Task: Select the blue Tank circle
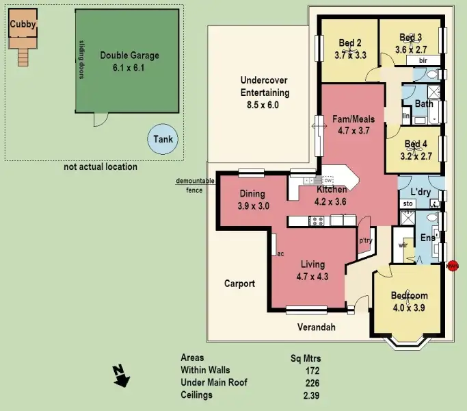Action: [163, 140]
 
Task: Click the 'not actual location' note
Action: [101, 166]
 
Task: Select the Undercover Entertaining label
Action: [265, 92]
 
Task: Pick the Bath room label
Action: [424, 104]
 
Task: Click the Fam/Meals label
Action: [353, 119]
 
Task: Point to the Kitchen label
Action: [332, 190]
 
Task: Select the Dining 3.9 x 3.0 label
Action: [253, 199]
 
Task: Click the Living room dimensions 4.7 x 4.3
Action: [312, 277]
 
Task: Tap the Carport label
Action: [239, 284]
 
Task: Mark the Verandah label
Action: [317, 327]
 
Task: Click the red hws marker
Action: [452, 266]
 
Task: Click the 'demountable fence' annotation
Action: [195, 185]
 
